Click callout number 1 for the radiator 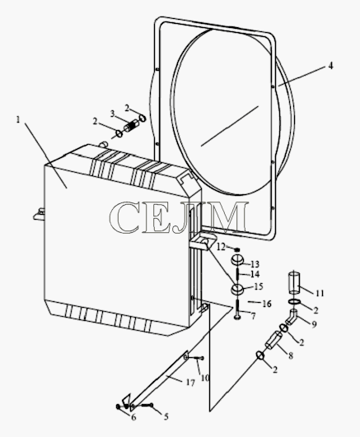(x=18, y=120)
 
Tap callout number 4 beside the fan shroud (x=330, y=66)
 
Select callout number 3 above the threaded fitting (x=113, y=114)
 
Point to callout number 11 (x=320, y=293)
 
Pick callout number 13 (x=255, y=264)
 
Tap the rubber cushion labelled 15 (x=237, y=289)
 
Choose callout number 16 (x=267, y=304)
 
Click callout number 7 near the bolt (x=253, y=316)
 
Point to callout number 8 (x=291, y=356)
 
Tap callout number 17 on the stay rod (x=190, y=383)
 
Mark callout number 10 (x=205, y=378)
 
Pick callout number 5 (x=166, y=417)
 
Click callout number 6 (x=133, y=417)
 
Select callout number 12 (x=221, y=247)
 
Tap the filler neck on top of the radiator (x=103, y=144)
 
